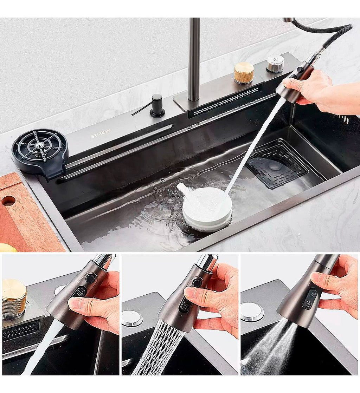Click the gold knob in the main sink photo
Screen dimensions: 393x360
click(x=244, y=73)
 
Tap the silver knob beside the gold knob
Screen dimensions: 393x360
click(x=275, y=64)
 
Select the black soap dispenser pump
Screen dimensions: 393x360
click(x=157, y=106)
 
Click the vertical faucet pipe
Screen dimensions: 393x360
click(x=194, y=60)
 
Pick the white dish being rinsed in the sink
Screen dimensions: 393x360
click(x=207, y=208)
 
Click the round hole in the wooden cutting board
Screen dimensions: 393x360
click(x=8, y=201)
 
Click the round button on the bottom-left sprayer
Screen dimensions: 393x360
click(x=90, y=278)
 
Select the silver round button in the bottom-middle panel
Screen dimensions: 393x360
click(x=132, y=318)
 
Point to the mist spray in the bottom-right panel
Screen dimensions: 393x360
click(x=271, y=348)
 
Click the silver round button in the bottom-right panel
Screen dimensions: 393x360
click(x=252, y=312)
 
